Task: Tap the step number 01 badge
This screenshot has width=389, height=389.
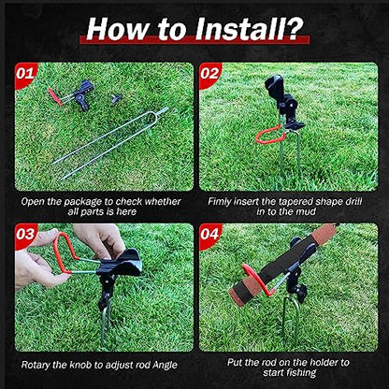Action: (25, 74)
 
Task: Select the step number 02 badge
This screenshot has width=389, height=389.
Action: (209, 74)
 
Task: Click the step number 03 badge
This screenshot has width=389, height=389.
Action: (25, 235)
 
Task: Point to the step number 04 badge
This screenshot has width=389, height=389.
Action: (209, 235)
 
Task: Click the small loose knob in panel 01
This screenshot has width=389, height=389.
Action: (117, 98)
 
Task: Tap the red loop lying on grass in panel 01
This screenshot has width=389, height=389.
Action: (54, 96)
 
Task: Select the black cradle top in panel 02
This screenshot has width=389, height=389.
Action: (274, 85)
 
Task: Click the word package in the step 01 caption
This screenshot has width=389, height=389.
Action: (82, 202)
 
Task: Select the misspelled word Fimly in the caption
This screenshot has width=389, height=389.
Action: (219, 201)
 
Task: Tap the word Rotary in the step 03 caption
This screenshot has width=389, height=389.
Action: (36, 365)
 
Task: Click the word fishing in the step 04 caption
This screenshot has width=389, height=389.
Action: (301, 372)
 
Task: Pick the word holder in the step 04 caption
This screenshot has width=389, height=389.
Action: (316, 362)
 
